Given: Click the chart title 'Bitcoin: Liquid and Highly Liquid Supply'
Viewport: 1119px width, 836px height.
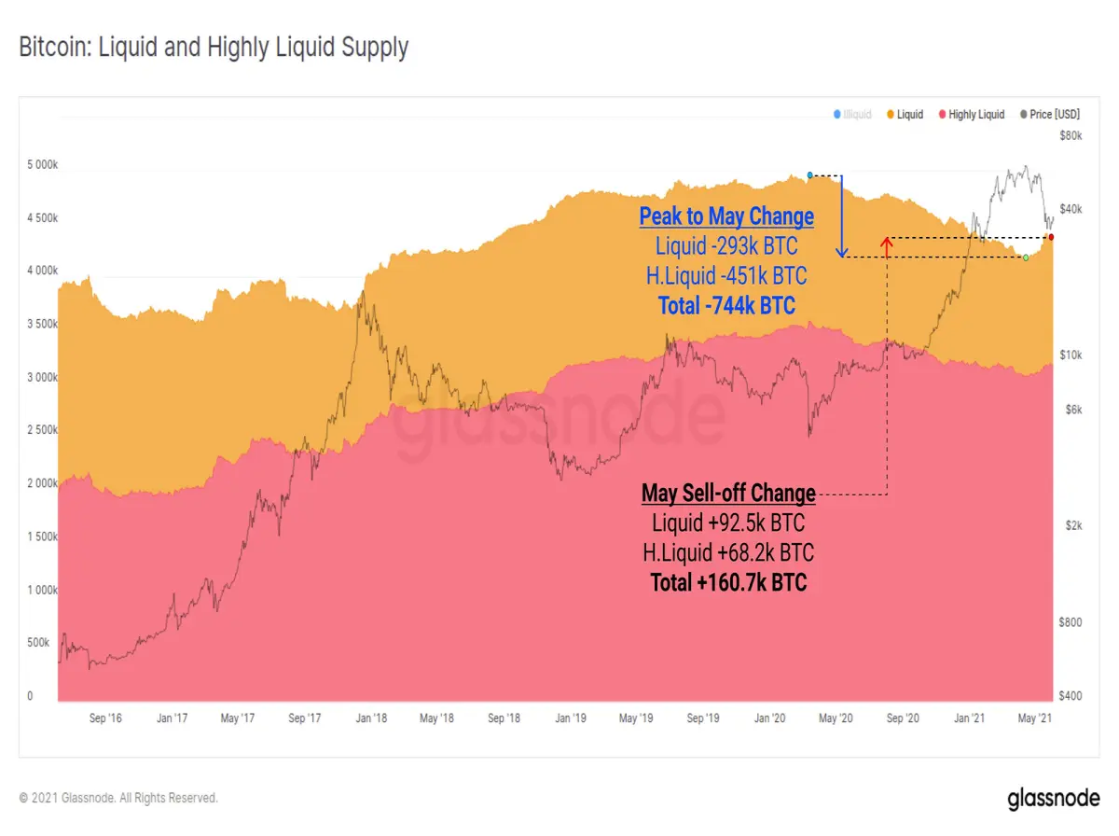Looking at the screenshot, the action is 214,48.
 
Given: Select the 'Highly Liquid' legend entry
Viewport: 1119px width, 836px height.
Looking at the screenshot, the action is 971,114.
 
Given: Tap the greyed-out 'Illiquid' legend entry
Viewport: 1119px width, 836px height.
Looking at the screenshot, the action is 852,114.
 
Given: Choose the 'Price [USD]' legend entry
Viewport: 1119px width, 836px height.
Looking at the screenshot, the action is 1050,114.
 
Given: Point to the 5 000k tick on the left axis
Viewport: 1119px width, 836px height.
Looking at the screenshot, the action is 42,164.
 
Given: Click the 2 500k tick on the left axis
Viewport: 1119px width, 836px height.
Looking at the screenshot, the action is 42,429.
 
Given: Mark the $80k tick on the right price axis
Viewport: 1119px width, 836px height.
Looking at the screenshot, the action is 1071,135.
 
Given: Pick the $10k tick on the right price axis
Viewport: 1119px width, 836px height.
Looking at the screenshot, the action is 1071,355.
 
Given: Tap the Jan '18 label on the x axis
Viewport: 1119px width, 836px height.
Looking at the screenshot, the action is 371,718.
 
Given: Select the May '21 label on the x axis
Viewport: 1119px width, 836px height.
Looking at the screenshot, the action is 1034,718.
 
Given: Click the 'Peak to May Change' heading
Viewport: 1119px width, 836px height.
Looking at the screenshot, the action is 726,216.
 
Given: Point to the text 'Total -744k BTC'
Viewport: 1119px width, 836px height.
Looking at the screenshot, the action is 726,305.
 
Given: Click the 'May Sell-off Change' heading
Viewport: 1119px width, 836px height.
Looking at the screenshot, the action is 728,493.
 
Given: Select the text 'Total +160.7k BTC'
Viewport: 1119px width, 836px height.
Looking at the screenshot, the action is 728,582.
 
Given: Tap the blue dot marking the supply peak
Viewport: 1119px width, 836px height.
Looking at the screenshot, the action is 809,175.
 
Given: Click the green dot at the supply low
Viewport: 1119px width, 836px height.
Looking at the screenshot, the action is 1026,258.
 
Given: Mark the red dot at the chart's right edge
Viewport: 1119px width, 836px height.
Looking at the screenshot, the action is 1051,237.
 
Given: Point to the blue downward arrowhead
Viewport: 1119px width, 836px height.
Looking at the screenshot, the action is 842,252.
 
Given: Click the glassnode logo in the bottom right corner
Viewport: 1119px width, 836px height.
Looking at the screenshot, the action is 1053,799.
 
